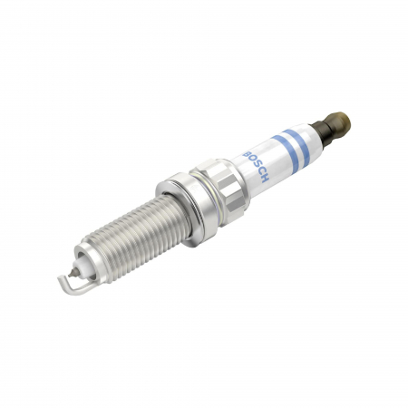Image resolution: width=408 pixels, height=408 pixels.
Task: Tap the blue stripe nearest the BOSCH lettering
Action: point(283,147)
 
